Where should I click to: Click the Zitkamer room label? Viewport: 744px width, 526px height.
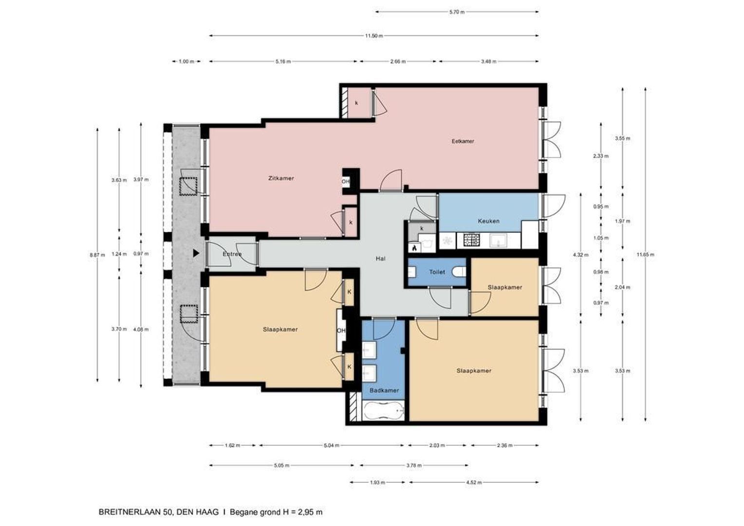(281, 178)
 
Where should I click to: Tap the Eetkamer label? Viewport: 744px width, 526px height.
(463, 141)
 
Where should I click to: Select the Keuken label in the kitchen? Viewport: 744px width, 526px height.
(488, 221)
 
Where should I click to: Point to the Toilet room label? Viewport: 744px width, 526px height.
(437, 272)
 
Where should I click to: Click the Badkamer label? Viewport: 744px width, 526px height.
(384, 391)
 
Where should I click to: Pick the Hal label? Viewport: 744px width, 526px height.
(381, 259)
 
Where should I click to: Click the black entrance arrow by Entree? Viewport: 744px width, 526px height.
(196, 253)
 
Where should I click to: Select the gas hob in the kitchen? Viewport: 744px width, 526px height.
(472, 240)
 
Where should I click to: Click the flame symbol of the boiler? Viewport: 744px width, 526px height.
(414, 247)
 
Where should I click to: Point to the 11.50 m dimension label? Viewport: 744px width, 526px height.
(373, 36)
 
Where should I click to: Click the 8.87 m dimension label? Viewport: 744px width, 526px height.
(97, 255)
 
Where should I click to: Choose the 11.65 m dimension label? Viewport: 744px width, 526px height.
(645, 255)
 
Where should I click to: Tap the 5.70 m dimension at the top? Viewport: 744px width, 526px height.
(457, 12)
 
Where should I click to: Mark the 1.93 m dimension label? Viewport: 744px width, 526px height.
(377, 483)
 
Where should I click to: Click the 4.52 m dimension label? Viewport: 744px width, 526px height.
(474, 483)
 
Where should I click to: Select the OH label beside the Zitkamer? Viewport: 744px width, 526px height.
(346, 182)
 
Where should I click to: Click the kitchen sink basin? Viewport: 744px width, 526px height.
(499, 240)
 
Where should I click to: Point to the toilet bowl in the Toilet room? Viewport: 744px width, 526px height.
(460, 272)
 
